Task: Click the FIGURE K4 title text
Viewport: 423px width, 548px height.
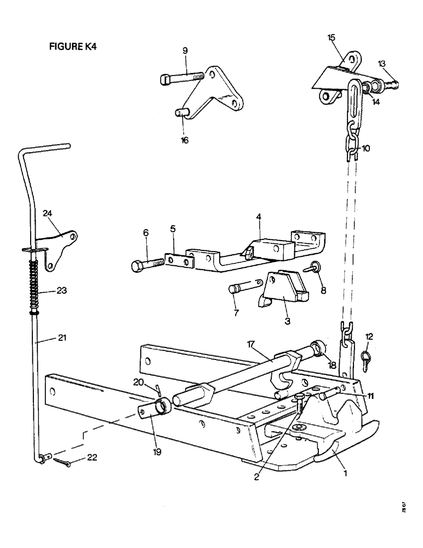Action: pyautogui.click(x=72, y=47)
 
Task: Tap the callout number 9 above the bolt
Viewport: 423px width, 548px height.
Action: pyautogui.click(x=185, y=50)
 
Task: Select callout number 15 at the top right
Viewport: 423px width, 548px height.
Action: pyautogui.click(x=331, y=37)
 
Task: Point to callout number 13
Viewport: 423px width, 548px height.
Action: pyautogui.click(x=381, y=63)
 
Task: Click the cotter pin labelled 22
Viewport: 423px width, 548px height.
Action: pyautogui.click(x=62, y=461)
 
